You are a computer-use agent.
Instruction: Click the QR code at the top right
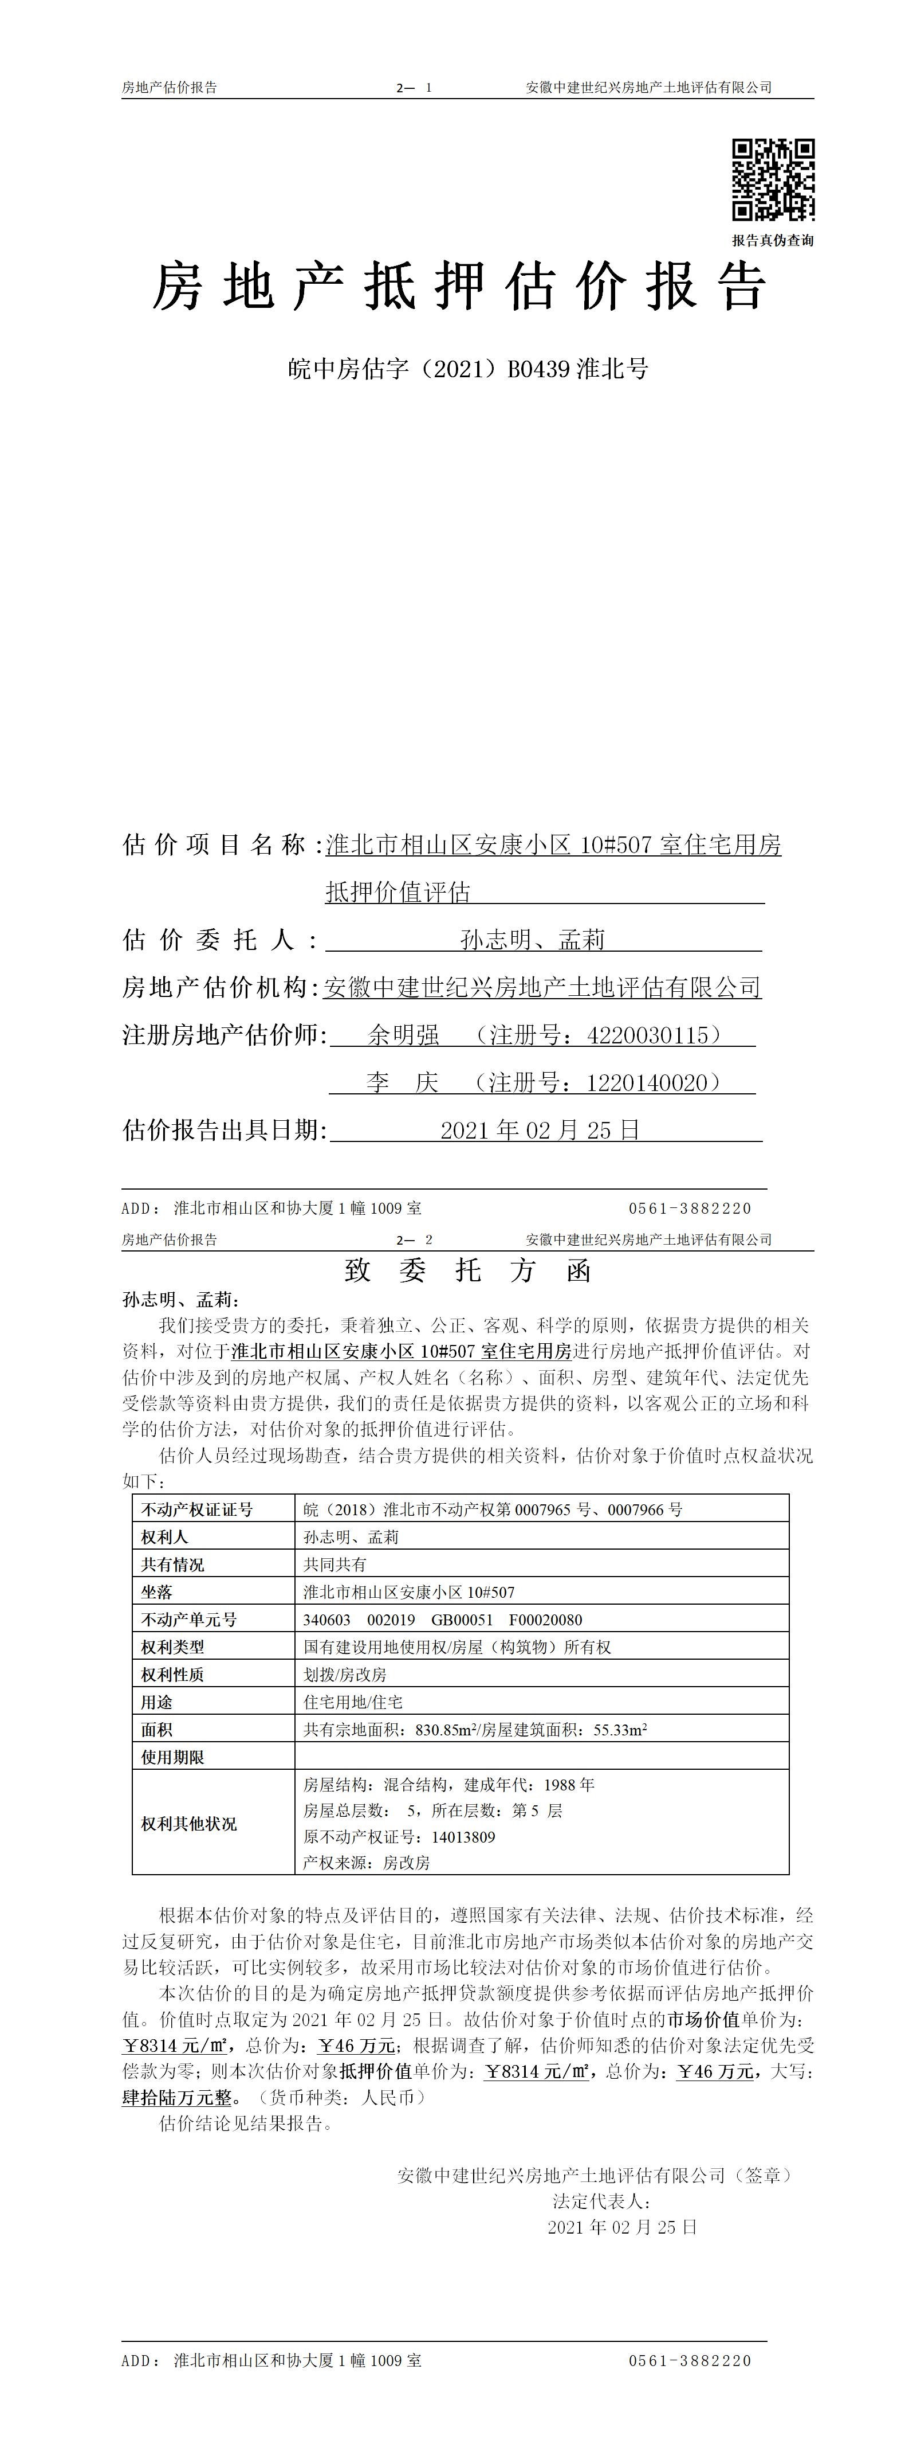772,179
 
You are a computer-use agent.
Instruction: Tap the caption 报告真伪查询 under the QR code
772,240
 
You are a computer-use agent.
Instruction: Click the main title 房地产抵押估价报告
460,287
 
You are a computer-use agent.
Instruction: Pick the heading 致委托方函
467,1270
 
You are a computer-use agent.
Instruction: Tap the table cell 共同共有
335,1564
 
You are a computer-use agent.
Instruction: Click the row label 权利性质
173,1675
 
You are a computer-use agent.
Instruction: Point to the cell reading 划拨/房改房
345,1675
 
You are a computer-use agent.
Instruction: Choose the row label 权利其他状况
189,1824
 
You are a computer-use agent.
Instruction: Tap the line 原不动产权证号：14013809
399,1837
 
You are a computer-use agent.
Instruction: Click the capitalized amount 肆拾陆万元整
178,2097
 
